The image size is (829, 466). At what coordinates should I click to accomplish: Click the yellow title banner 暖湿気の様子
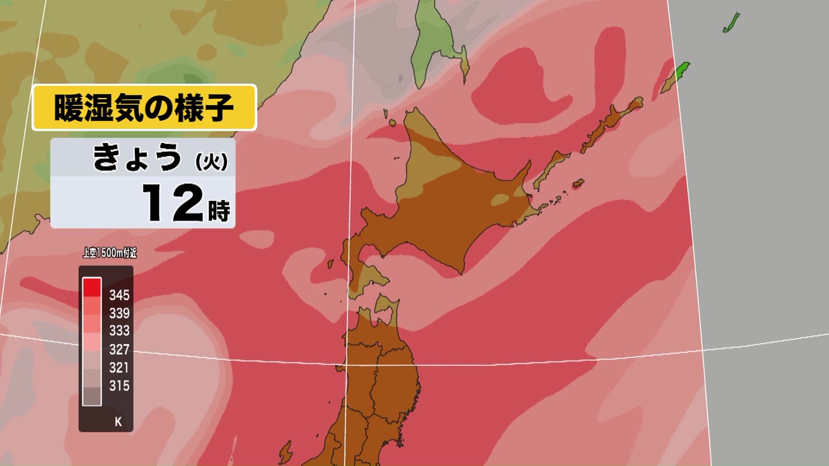pyautogui.click(x=144, y=107)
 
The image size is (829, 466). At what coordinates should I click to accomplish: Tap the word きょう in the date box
pyautogui.click(x=137, y=157)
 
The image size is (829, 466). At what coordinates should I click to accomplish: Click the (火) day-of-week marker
pyautogui.click(x=211, y=162)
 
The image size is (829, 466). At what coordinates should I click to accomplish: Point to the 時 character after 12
pyautogui.click(x=219, y=211)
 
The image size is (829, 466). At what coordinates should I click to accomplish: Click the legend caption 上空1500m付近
pyautogui.click(x=110, y=253)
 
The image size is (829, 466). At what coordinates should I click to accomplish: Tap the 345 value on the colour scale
pyautogui.click(x=119, y=295)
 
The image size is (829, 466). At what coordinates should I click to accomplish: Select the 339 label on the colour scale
pyautogui.click(x=119, y=313)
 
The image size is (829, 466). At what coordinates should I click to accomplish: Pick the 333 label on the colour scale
pyautogui.click(x=119, y=331)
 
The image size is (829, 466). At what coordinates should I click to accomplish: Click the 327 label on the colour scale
pyautogui.click(x=119, y=349)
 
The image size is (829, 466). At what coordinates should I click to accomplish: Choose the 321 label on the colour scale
pyautogui.click(x=119, y=368)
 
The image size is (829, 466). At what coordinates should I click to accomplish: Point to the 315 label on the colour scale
pyautogui.click(x=119, y=386)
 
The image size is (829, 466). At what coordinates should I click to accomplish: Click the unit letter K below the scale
pyautogui.click(x=118, y=422)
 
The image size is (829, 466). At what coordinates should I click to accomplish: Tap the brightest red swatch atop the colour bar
pyautogui.click(x=92, y=287)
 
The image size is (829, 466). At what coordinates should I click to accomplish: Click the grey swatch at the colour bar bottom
pyautogui.click(x=92, y=396)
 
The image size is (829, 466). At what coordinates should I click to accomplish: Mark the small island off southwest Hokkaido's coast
pyautogui.click(x=330, y=263)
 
